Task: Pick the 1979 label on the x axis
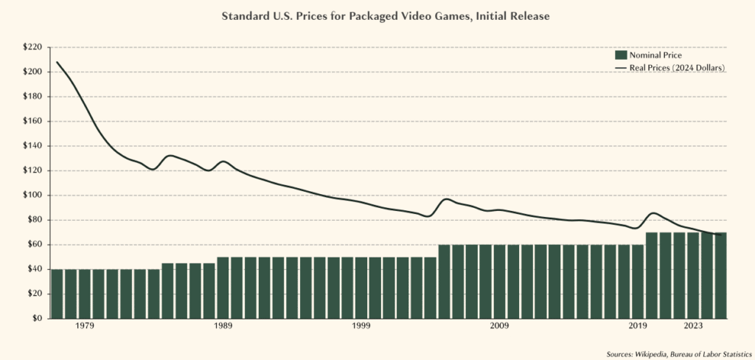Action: [85, 326]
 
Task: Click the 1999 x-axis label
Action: [361, 326]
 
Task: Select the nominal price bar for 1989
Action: [223, 288]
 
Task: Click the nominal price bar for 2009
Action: [500, 282]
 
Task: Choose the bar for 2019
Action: [638, 282]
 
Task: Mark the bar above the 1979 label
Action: [85, 294]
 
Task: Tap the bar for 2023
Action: [694, 275]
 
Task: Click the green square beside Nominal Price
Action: [620, 55]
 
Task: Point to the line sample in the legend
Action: [620, 68]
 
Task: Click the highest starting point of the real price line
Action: [57, 62]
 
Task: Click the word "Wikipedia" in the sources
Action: [650, 355]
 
